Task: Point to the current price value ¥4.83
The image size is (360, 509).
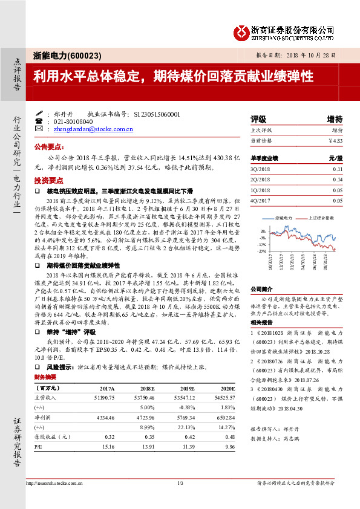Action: pyautogui.click(x=335, y=140)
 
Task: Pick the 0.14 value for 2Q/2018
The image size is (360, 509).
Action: pyautogui.click(x=337, y=180)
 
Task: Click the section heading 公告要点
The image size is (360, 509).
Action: pyautogui.click(x=49, y=147)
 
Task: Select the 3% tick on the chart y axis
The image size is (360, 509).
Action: pyautogui.click(x=263, y=231)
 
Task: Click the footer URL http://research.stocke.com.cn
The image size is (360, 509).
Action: pyautogui.click(x=54, y=482)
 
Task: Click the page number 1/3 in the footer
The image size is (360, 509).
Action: pyautogui.click(x=180, y=482)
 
